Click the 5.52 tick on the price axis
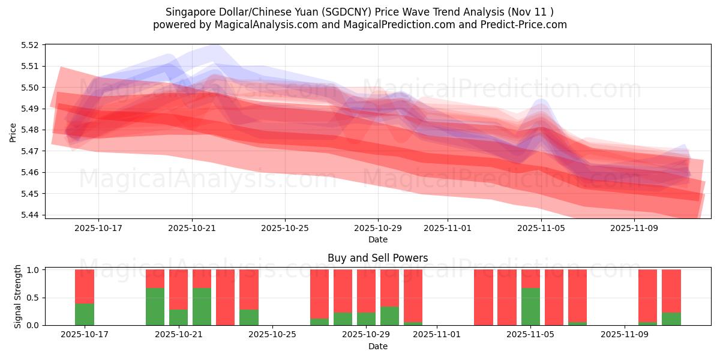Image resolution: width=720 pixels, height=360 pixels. coord(29,45)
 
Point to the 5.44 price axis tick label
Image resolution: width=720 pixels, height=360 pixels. coord(29,215)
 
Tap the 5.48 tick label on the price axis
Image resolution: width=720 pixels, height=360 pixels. coord(29,130)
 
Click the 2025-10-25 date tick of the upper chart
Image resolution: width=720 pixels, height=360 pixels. coord(285,228)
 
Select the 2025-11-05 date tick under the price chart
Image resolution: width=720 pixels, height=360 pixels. coord(541,228)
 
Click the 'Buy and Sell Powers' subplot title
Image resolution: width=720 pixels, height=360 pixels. coord(377,258)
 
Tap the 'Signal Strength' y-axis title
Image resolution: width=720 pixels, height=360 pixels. coord(18,296)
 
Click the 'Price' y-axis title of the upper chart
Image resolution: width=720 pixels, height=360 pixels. coord(13,132)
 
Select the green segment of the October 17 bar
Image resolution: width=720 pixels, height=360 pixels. coord(85,314)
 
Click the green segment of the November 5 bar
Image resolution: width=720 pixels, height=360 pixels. coord(530,306)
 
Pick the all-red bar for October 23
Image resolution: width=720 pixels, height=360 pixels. coord(225,297)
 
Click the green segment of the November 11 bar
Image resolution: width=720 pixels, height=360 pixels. coord(671,319)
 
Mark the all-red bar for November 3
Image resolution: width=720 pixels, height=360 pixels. coord(484,297)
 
